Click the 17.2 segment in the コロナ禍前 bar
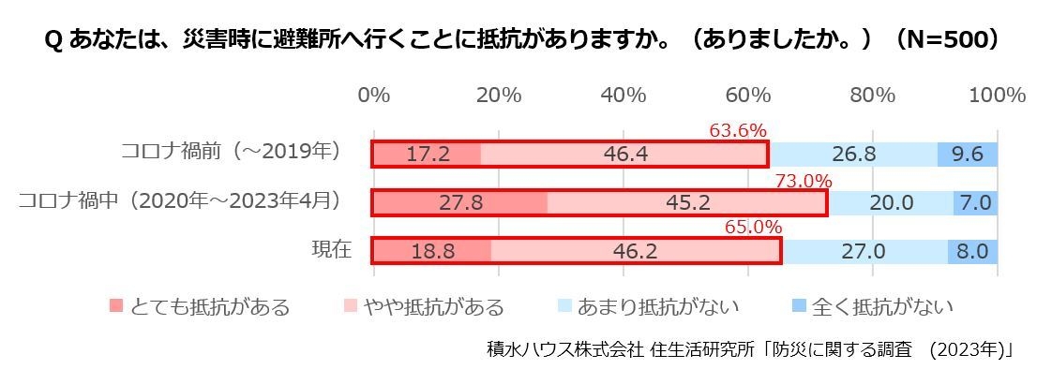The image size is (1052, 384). point(428,155)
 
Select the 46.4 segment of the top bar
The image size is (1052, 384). point(625,155)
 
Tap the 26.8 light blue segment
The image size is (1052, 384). point(853,155)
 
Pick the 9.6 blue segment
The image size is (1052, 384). point(968,155)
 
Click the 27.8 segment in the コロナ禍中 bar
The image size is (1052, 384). point(460,203)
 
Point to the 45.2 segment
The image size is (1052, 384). point(687,203)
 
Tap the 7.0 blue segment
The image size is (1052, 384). point(976,203)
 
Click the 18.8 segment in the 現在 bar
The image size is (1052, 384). point(432,252)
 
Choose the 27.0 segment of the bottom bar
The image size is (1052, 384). point(864,252)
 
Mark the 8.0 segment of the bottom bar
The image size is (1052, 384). point(973,252)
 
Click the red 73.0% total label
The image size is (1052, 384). point(804,181)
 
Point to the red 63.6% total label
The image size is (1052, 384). point(738,131)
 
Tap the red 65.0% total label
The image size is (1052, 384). point(753,228)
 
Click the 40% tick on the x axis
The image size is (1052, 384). point(624,96)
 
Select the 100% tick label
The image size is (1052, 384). point(998,96)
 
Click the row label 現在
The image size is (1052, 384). point(331,250)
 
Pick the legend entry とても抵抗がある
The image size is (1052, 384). point(200,306)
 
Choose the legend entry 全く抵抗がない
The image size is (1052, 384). point(872,306)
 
